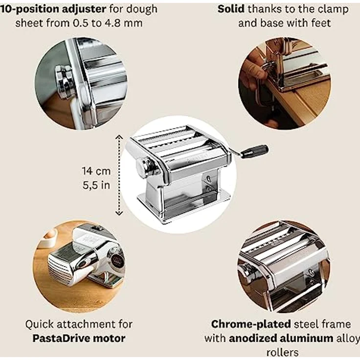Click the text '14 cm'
[96, 171]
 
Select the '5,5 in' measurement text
[96, 185]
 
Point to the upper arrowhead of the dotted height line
[119, 137]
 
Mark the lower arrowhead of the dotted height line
[119, 213]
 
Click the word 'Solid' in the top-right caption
[231, 9]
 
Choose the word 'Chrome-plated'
[251, 324]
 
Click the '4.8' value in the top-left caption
[112, 23]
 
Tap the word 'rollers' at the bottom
[282, 352]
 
